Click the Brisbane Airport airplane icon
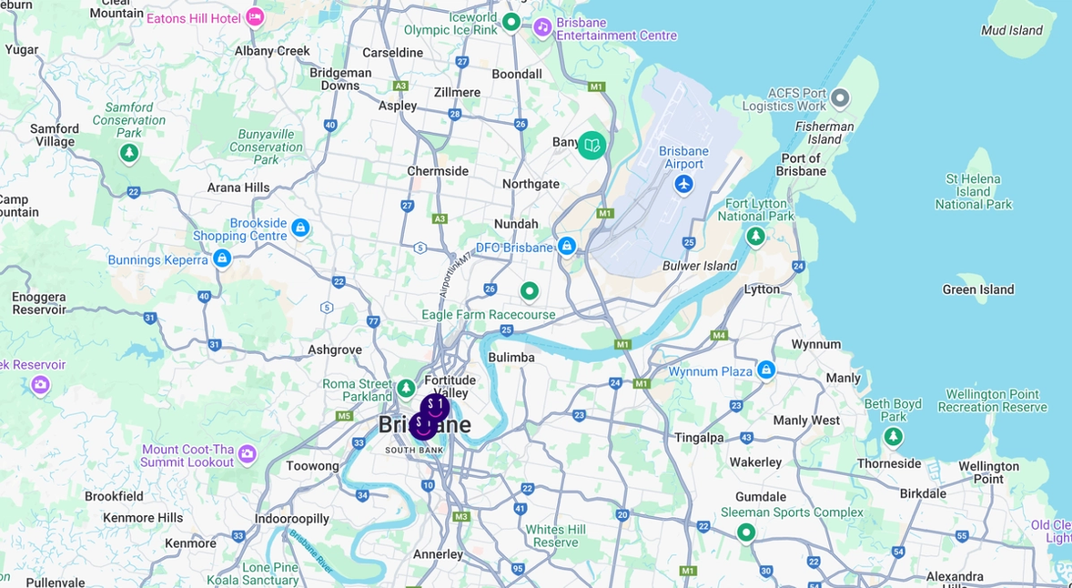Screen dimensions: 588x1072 click(684, 185)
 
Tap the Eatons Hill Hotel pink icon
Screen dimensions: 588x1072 click(255, 17)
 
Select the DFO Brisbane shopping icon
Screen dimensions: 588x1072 click(567, 246)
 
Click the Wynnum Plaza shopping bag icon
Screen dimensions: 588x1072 click(766, 370)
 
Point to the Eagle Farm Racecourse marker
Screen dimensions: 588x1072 click(529, 291)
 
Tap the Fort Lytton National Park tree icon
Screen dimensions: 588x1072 click(755, 237)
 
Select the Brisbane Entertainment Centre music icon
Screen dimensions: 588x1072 click(542, 26)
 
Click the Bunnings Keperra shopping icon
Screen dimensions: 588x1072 click(221, 259)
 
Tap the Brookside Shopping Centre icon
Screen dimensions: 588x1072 click(300, 228)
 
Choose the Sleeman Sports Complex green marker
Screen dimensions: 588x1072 click(746, 532)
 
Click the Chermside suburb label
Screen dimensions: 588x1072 click(438, 171)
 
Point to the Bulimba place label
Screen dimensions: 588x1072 click(511, 358)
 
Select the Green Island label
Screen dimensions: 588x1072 click(977, 289)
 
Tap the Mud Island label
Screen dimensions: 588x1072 click(1012, 30)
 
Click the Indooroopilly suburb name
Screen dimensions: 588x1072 click(291, 519)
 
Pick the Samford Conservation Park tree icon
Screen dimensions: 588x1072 click(130, 153)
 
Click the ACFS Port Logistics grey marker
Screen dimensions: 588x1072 click(840, 97)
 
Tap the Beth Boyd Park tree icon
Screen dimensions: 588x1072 click(894, 437)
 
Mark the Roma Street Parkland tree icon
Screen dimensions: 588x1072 click(406, 389)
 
